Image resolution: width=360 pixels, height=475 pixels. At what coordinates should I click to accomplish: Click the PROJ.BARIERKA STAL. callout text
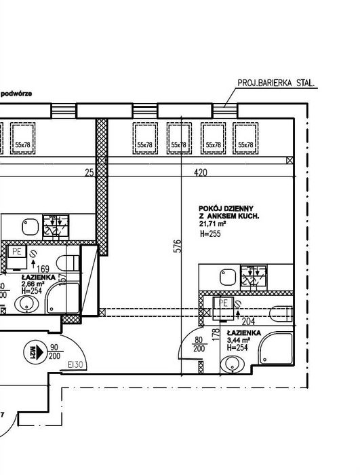[x=277, y=83]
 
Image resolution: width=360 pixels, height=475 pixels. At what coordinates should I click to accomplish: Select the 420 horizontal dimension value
[x=200, y=173]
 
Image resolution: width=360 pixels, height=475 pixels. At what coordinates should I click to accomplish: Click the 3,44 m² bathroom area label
[x=239, y=340]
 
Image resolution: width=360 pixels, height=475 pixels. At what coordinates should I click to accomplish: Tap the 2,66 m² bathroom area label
[x=32, y=284]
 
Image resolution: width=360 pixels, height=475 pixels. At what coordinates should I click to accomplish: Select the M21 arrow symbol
[x=32, y=351]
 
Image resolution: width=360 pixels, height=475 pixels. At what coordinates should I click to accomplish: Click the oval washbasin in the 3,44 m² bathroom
[x=235, y=363]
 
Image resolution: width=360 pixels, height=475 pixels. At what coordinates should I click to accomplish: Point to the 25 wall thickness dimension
[x=89, y=173]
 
